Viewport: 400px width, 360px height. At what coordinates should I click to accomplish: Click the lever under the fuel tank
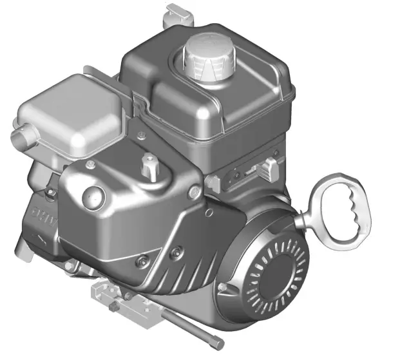pyautogui.click(x=265, y=169)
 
